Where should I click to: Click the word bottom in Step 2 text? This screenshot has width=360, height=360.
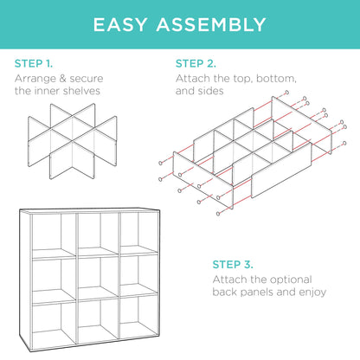pyautogui.click(x=277, y=80)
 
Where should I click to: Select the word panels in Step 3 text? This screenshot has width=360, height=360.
pyautogui.click(x=254, y=292)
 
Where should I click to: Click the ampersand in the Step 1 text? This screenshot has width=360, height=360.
pyautogui.click(x=73, y=80)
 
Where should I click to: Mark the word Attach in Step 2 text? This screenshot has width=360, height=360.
pyautogui.click(x=194, y=80)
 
